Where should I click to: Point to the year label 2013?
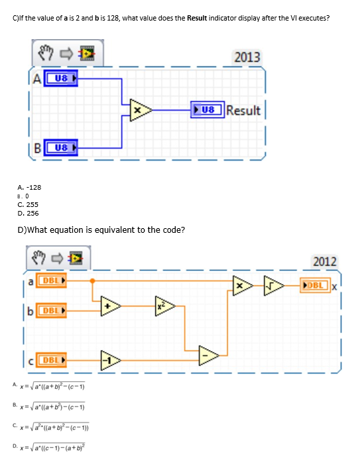click(x=247, y=57)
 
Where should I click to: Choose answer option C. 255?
click(x=29, y=205)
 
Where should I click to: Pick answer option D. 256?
click(x=29, y=214)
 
